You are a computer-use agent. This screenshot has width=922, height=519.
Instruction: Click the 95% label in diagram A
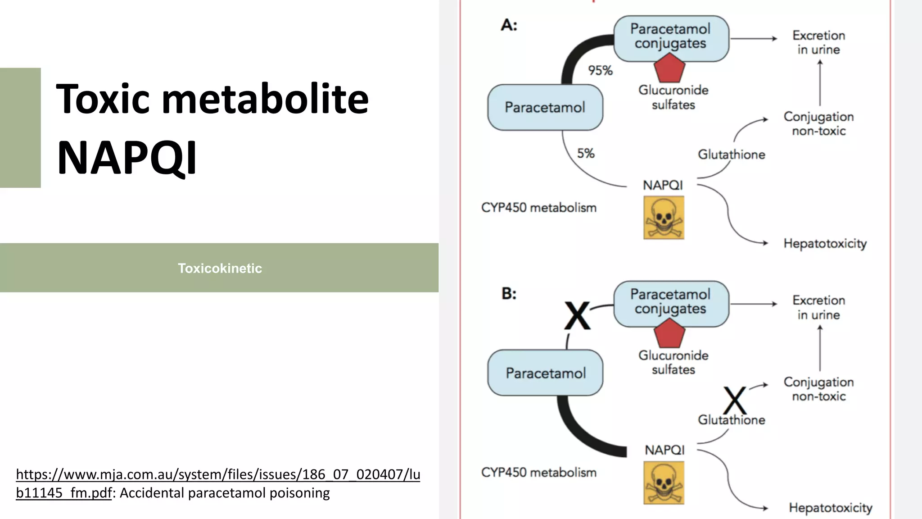click(x=600, y=71)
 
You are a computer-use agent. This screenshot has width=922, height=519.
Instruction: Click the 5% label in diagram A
click(x=586, y=154)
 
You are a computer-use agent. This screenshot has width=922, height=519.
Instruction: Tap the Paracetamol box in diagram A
click(x=545, y=108)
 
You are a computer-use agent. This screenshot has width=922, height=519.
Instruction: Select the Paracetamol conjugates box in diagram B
click(x=671, y=302)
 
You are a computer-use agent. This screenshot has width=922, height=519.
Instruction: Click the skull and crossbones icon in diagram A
click(x=664, y=218)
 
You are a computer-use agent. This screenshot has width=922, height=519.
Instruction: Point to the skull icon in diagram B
click(x=664, y=483)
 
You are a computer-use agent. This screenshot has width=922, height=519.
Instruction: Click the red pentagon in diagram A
click(x=669, y=68)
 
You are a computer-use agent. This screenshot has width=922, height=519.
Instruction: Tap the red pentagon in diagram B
click(x=669, y=334)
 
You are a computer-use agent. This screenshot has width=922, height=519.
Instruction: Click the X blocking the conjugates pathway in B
click(x=577, y=316)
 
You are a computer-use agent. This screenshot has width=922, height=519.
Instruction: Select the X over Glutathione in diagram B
click(x=735, y=400)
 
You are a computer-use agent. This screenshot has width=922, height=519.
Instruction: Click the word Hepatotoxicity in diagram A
click(x=825, y=244)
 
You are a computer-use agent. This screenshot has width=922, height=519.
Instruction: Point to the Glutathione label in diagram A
click(x=731, y=155)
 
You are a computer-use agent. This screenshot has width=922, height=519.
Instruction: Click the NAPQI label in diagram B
click(x=664, y=450)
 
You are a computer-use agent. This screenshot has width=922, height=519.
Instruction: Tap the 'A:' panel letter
click(x=509, y=25)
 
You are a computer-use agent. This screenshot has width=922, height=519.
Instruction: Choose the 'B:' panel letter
click(x=509, y=294)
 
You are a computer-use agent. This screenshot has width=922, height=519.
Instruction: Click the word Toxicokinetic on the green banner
click(x=220, y=269)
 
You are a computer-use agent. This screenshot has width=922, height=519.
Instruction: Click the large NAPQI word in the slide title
click(x=127, y=158)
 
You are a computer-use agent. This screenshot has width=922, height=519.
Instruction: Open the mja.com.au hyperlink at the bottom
click(x=218, y=475)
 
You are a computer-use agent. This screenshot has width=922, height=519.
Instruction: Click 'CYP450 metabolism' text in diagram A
click(x=538, y=208)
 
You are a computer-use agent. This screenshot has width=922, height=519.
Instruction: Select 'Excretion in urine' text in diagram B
click(x=818, y=307)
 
